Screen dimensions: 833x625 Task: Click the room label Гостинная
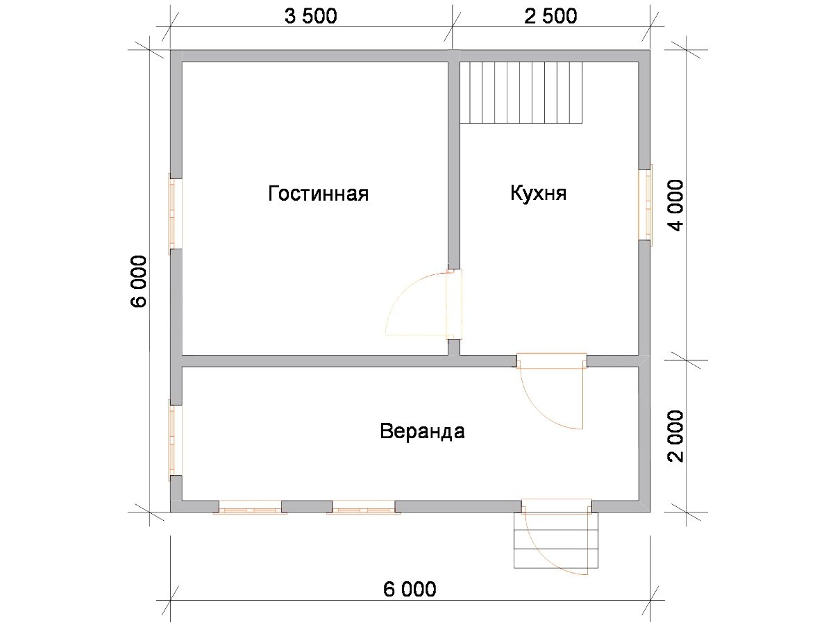[x=318, y=193]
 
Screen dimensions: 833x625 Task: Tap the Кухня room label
[x=538, y=193]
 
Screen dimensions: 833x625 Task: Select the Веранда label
[x=422, y=431]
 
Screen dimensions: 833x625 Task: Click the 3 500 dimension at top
[x=310, y=16]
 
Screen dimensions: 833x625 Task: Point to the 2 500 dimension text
[x=550, y=16]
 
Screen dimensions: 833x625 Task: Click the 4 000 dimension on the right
[x=675, y=206]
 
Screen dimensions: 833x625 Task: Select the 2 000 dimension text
[x=675, y=436]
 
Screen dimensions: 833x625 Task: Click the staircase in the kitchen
[x=521, y=92]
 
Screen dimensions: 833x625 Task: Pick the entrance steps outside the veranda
[x=556, y=540]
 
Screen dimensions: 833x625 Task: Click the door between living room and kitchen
[x=423, y=303]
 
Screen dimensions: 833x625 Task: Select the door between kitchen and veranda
[x=551, y=391]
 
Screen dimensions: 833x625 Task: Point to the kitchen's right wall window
[x=645, y=205]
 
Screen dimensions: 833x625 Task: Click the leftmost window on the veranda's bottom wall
[x=250, y=507]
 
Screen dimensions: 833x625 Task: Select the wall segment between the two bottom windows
[x=307, y=506]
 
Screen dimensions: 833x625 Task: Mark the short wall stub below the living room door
[x=454, y=347]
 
